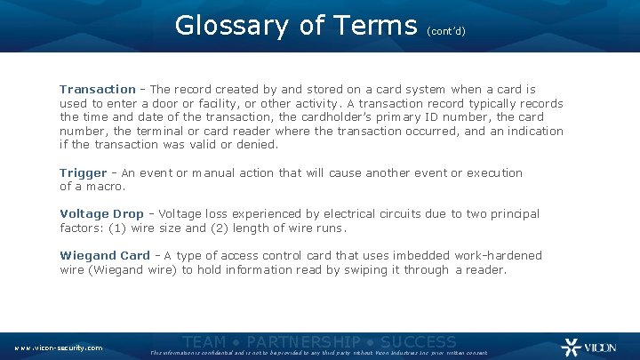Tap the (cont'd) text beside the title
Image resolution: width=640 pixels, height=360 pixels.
(x=446, y=30)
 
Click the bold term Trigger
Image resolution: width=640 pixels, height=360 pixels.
(x=83, y=173)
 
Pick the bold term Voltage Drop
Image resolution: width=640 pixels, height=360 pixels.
(x=96, y=214)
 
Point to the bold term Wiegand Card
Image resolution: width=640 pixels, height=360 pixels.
(x=105, y=256)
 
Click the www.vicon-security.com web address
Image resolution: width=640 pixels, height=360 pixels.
(x=59, y=348)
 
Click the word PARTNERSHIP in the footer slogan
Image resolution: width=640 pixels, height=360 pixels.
(x=304, y=341)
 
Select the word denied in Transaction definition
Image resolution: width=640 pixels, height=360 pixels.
(x=257, y=145)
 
